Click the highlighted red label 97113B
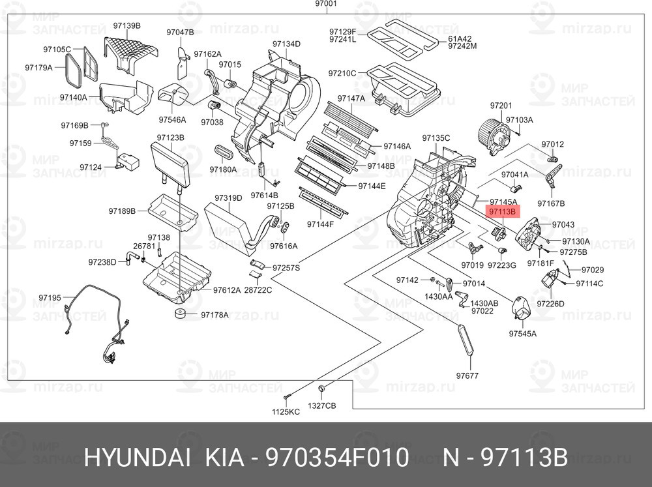pyautogui.click(x=502, y=212)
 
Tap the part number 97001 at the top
pyautogui.click(x=326, y=4)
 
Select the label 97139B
pyautogui.click(x=127, y=26)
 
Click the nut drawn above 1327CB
pyautogui.click(x=321, y=389)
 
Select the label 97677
pyautogui.click(x=467, y=376)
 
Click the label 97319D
pyautogui.click(x=228, y=198)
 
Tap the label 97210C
pyautogui.click(x=342, y=73)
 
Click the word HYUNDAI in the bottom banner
pyautogui.click(x=137, y=458)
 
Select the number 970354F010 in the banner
pyautogui.click(x=337, y=458)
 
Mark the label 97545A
pyautogui.click(x=523, y=334)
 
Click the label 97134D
pyautogui.click(x=286, y=44)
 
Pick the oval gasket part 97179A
pyautogui.click(x=72, y=70)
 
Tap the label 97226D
pyautogui.click(x=550, y=304)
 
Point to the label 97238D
pyautogui.click(x=102, y=263)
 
